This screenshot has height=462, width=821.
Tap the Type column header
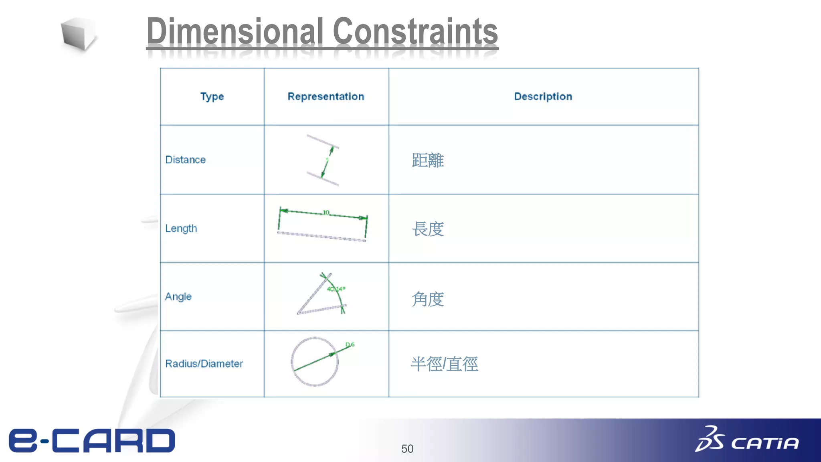click(212, 97)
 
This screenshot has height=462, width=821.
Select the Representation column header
click(326, 97)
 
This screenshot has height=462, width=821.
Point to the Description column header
click(543, 97)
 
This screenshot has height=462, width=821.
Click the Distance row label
click(186, 160)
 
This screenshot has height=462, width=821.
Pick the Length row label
click(181, 229)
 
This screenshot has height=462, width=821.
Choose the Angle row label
click(178, 297)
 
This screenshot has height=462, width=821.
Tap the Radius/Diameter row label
click(204, 364)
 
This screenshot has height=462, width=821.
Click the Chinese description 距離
click(428, 160)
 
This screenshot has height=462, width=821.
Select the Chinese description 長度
click(428, 229)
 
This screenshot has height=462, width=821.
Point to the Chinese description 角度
click(428, 299)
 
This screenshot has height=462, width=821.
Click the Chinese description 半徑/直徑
click(444, 364)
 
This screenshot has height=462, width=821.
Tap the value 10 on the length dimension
click(326, 212)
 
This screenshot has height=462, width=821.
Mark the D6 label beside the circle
click(350, 344)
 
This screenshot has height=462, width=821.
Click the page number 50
click(407, 449)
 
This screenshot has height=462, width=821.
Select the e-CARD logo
click(92, 441)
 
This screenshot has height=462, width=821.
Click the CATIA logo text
click(764, 443)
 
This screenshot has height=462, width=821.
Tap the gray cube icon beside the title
click(78, 34)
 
